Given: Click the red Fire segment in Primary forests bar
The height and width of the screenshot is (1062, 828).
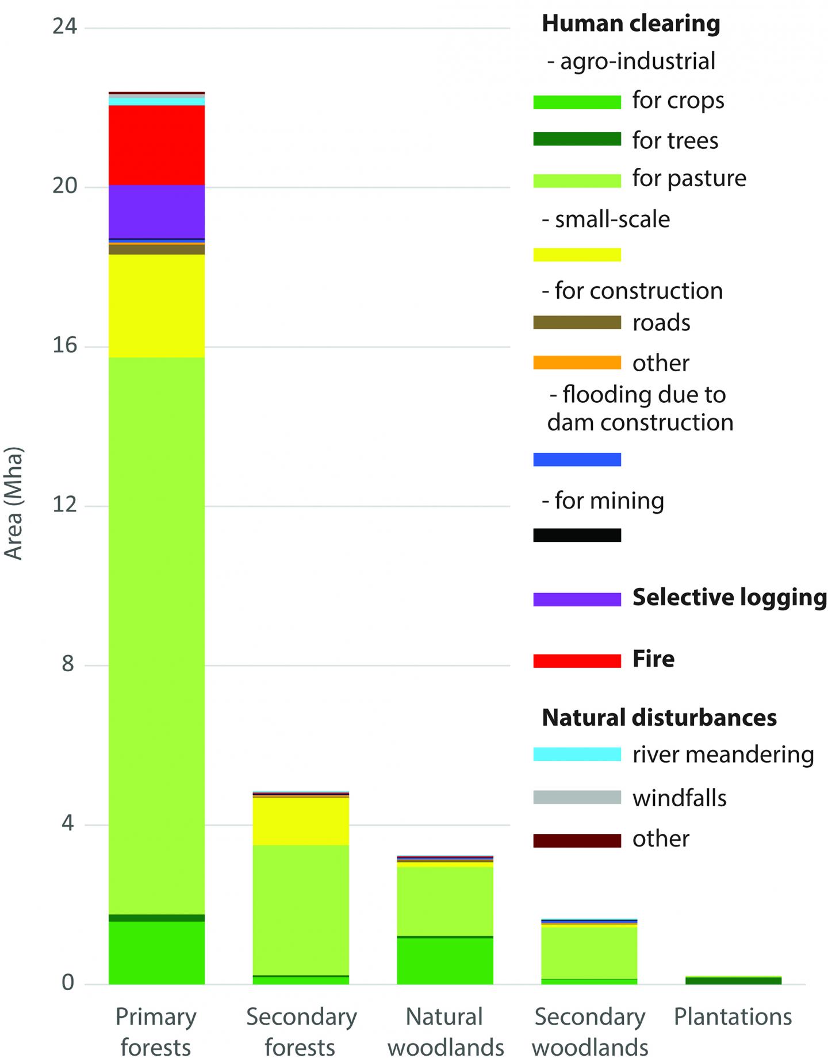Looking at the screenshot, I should pos(156,145).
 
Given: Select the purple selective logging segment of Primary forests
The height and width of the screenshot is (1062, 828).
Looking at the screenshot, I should pos(156,211).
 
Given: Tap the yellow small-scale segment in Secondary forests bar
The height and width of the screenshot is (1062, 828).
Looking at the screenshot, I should pos(301,821).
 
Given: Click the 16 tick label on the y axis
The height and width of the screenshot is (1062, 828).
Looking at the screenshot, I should pos(64,346).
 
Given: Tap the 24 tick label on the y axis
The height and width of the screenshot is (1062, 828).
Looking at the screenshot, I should pos(64,27).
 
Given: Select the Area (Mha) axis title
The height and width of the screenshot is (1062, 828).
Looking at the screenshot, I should pos(14,503).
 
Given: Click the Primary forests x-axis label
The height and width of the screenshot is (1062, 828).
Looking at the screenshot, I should pos(156,1032).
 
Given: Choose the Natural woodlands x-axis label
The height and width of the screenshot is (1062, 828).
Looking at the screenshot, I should pos(445,1032).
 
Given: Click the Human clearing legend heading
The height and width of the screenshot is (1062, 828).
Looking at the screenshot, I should pos(631,24).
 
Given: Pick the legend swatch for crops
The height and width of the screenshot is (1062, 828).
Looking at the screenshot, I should pos(577,102).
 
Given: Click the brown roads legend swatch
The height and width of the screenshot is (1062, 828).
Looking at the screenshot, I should pos(577,322).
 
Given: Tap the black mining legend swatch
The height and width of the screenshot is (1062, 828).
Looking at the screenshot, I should pos(577,535).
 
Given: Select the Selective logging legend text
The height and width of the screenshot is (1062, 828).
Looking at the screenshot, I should pos(729,598).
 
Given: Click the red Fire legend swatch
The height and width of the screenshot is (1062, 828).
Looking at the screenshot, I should pos(577,660).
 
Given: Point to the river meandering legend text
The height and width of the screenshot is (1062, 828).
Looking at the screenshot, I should pos(723,754).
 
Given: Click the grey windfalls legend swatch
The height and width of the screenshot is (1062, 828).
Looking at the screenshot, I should pos(577,798).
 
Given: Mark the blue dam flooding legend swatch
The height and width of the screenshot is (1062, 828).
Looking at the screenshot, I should pos(577,459).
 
